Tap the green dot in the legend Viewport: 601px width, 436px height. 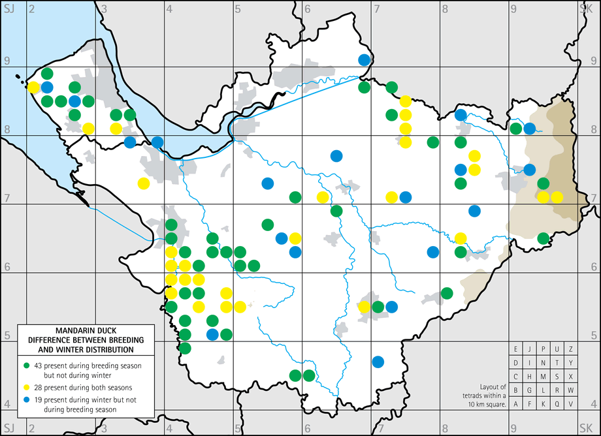[26, 363]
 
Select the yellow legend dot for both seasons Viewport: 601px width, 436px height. [26, 387]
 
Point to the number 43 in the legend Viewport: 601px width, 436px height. [38, 363]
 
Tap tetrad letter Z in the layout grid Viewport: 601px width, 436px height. [571, 349]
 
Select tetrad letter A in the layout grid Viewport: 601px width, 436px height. [516, 404]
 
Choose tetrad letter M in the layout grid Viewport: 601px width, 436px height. [544, 377]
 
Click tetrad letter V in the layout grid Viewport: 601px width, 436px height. [571, 404]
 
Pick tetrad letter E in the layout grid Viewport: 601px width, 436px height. [516, 349]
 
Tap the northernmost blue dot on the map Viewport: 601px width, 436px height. [365, 60]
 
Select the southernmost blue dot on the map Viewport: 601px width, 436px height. [378, 361]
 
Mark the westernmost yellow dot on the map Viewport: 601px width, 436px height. [33, 87]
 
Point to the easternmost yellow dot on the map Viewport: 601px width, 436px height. [557, 197]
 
